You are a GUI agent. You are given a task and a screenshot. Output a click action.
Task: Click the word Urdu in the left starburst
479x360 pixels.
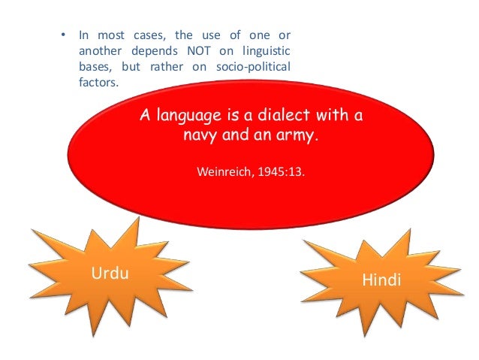tap(110, 273)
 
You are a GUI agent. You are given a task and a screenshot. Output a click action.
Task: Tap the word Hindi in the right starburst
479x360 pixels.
tap(381, 280)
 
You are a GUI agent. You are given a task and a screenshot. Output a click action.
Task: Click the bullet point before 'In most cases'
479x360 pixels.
tap(63, 35)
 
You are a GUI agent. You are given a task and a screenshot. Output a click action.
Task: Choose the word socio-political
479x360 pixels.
tap(256, 68)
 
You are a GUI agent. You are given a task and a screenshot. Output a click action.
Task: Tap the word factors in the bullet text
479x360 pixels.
tap(98, 84)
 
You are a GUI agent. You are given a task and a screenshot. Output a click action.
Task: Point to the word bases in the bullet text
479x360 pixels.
tap(96, 68)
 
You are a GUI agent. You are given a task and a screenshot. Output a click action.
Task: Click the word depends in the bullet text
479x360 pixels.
tap(155, 52)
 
